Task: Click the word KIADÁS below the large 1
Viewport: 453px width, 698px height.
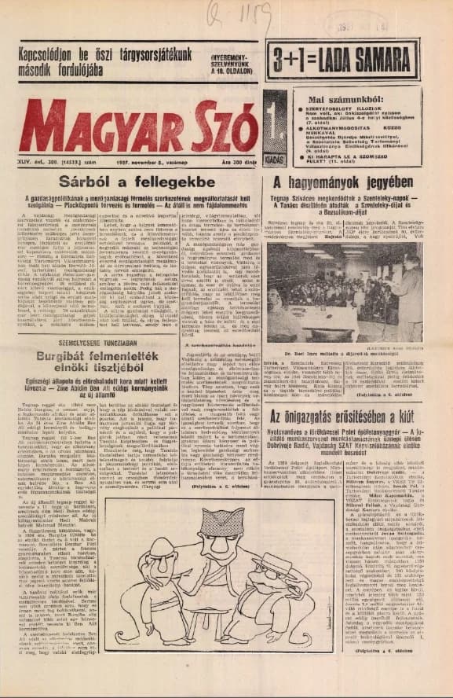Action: click(276, 156)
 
